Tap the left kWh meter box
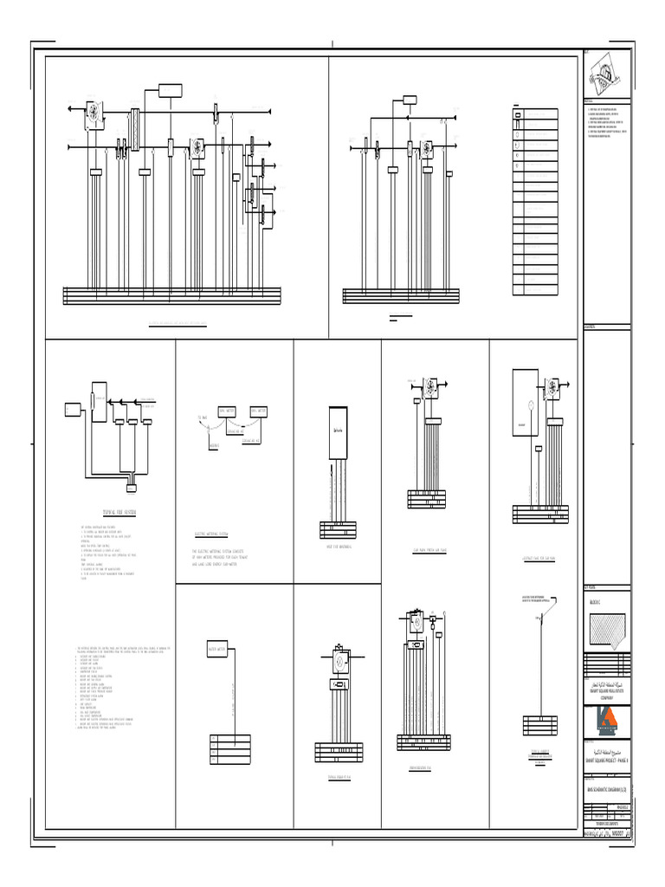(228, 411)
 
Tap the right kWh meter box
(259, 411)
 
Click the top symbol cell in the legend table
(518, 114)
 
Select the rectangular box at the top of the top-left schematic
(170, 91)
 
